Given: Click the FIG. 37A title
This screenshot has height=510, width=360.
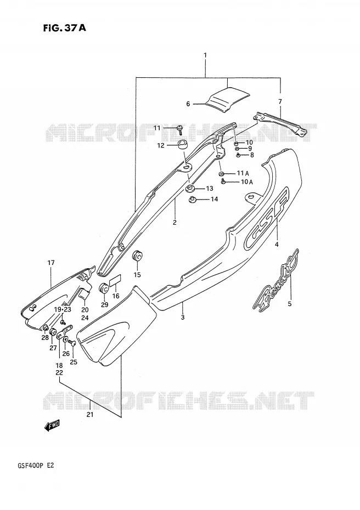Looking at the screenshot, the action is tap(64, 28).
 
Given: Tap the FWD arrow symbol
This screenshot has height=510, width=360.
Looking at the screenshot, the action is tap(52, 425).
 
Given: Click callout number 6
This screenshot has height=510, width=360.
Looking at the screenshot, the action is tap(188, 104).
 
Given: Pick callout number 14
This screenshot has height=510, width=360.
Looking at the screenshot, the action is tap(214, 199).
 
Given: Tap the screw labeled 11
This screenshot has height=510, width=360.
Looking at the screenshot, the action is tap(179, 129).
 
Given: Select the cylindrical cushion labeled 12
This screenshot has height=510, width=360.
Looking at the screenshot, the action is tap(183, 144).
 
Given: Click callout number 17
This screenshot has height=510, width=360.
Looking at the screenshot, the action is tap(51, 263).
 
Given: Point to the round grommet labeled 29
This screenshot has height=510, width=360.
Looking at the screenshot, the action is tap(104, 288).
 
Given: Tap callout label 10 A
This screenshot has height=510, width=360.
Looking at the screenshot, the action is tap(247, 182).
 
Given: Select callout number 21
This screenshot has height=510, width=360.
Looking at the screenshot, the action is tap(90, 415).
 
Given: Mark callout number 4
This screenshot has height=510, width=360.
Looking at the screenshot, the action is tap(277, 245).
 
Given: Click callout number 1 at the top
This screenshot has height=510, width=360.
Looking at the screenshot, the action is tap(205, 55).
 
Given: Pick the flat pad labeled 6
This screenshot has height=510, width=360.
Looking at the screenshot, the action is tap(228, 100).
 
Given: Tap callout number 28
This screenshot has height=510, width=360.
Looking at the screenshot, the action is tap(45, 338).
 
